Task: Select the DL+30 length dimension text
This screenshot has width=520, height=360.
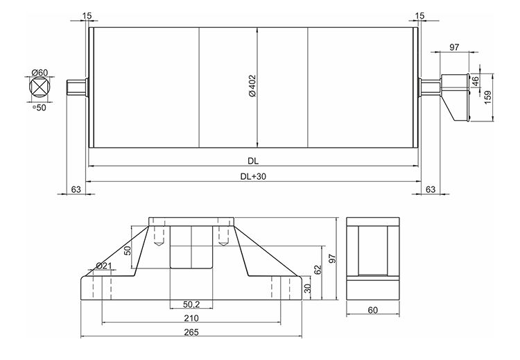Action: point(254,177)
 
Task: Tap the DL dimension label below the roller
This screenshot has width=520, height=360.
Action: point(254,161)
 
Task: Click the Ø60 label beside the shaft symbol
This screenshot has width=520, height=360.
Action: point(40,72)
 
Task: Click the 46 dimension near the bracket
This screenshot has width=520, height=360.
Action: point(476,81)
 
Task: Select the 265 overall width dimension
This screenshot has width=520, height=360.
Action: point(191,332)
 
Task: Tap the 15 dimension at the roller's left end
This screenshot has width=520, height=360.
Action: point(87,15)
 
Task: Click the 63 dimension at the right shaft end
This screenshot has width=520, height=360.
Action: point(430,189)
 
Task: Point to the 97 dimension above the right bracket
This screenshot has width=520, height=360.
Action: point(455,46)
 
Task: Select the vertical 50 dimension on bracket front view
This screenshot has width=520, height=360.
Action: point(128,250)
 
